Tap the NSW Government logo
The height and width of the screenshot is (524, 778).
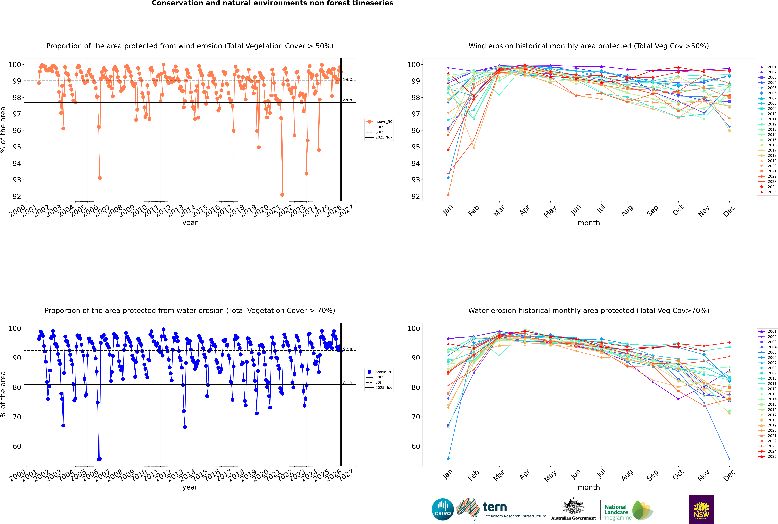pyautogui.click(x=701, y=509)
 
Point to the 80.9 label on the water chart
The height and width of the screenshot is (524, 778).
pyautogui.click(x=348, y=383)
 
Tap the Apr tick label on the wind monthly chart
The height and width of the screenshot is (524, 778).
pyautogui.click(x=525, y=210)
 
